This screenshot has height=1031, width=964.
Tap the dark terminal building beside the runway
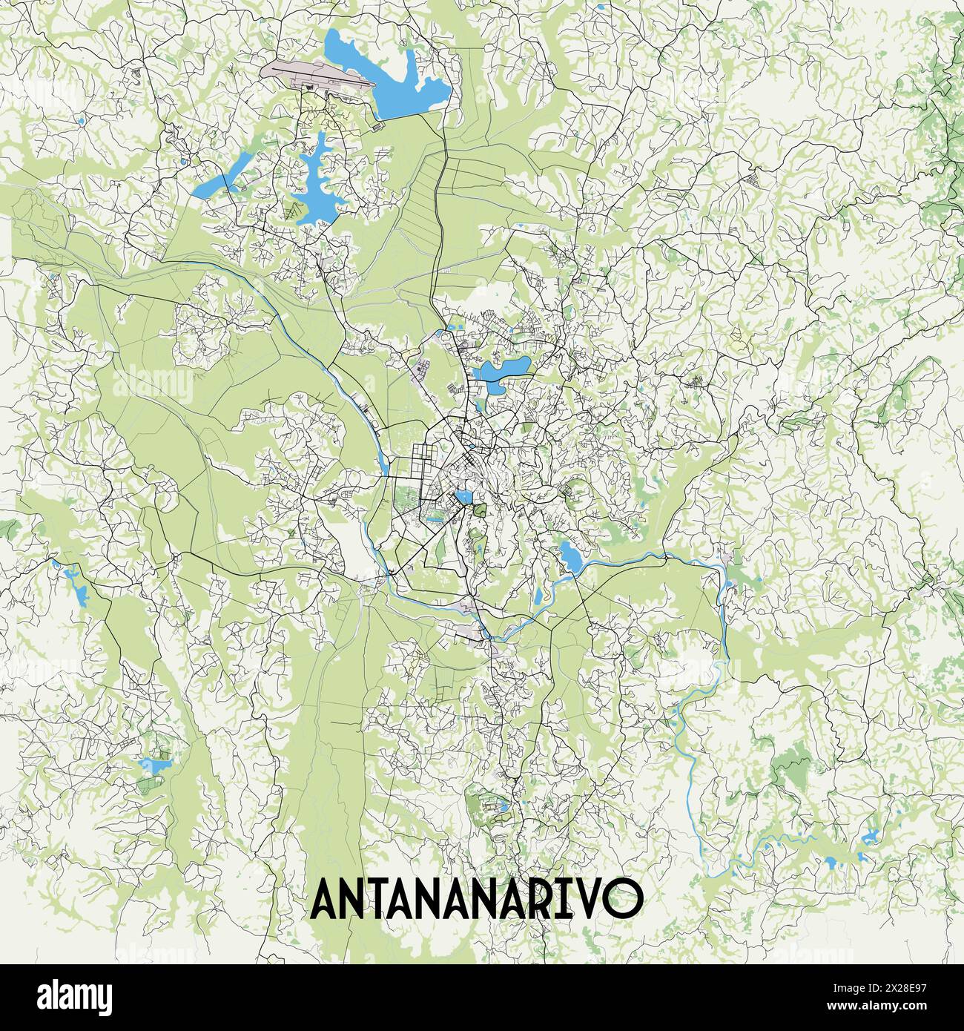point(309,87)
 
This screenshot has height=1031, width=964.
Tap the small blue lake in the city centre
point(463,495)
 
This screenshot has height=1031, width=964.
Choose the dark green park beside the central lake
point(480,510)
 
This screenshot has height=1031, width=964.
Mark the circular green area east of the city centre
point(572,490)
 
